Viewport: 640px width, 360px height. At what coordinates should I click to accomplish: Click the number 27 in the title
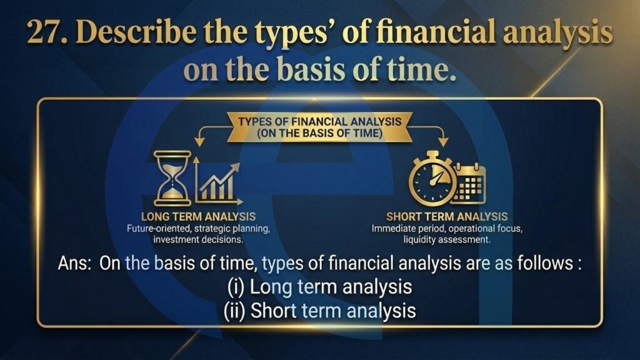point(46,32)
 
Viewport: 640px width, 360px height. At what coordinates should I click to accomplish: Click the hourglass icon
point(172,178)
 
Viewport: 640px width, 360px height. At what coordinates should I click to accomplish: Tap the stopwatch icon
point(432,178)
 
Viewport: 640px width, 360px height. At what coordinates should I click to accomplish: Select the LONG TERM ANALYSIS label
point(198,216)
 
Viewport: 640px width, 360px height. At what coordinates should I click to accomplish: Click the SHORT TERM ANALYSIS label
point(447,216)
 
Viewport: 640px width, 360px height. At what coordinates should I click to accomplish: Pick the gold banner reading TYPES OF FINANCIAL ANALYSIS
point(319,127)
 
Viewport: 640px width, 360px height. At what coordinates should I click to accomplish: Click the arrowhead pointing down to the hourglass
point(199,141)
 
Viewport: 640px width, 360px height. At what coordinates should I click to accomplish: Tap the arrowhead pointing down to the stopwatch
point(443,141)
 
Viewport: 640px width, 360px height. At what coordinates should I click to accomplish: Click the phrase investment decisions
point(198,239)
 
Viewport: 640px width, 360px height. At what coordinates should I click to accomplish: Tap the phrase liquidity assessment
point(447,239)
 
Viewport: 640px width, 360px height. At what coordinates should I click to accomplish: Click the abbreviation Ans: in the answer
point(74,263)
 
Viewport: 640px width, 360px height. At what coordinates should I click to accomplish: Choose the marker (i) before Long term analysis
point(236,287)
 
